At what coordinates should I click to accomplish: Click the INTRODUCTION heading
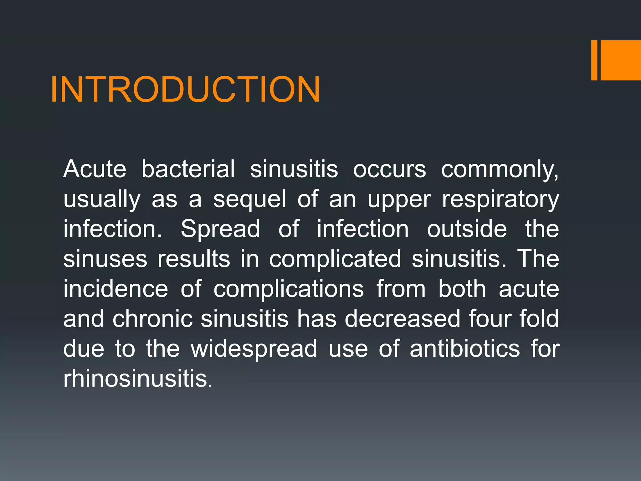click(x=185, y=90)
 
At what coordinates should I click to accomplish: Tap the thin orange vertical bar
click(x=594, y=60)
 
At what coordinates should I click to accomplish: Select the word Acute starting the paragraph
click(x=95, y=169)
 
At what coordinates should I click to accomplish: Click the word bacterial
click(x=188, y=169)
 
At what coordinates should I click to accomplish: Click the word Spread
click(x=220, y=229)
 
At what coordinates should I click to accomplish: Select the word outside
click(x=467, y=229)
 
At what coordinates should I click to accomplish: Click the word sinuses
click(x=105, y=259)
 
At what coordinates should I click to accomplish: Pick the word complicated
click(x=335, y=259)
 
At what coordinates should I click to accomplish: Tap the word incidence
click(x=115, y=289)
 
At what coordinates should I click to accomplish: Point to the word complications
click(x=289, y=289)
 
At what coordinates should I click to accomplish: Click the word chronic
click(x=152, y=319)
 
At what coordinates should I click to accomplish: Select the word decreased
click(x=402, y=319)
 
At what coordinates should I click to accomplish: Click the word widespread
click(x=254, y=349)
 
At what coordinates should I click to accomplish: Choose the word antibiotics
click(x=465, y=349)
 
